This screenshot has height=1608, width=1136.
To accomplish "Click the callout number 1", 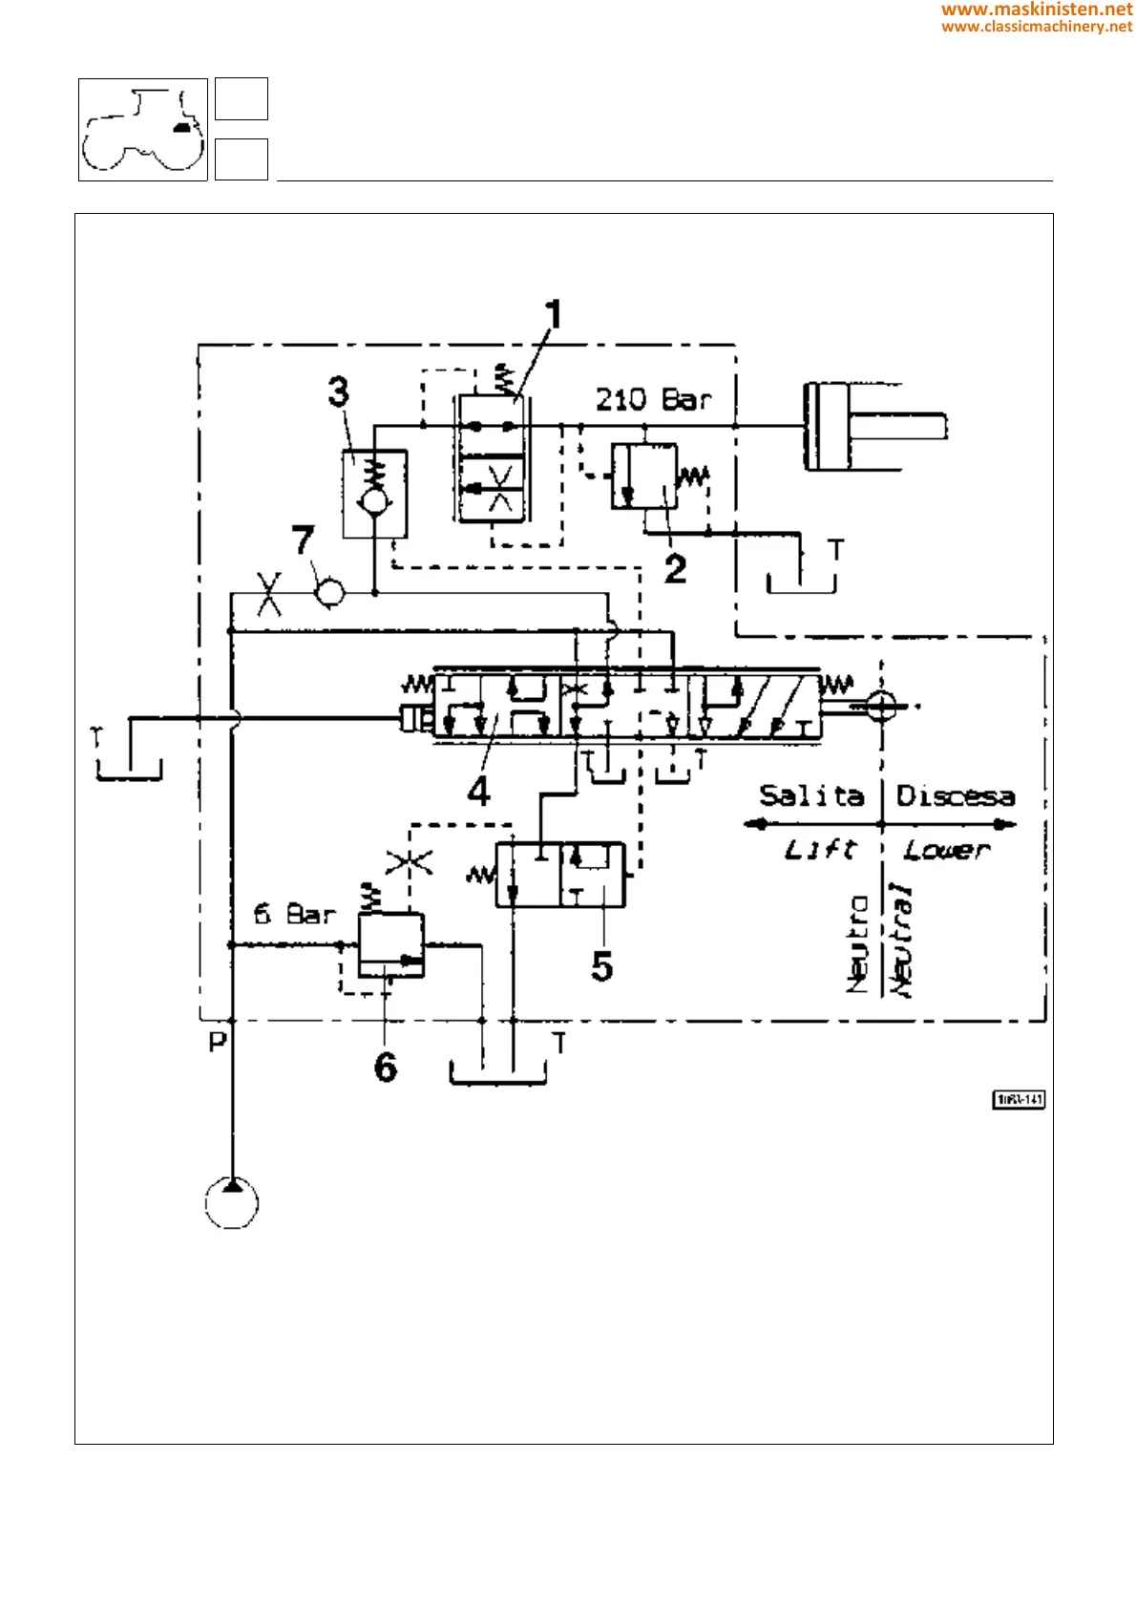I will pos(553,315).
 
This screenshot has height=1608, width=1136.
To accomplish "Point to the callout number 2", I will pos(675,569).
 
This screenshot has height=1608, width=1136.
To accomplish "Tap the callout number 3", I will pos(339,391).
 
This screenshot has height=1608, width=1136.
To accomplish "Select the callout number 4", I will pos(479,791).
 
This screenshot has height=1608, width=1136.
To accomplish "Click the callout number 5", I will pos(601,966).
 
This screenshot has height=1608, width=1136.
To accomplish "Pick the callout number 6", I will pos(385,1067).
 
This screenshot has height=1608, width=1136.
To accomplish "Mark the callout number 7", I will pos(303,540).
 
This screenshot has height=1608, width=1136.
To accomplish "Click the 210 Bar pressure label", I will pos(654,399).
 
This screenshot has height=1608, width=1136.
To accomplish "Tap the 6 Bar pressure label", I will pos(295,914).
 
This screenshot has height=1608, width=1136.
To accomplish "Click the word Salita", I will pos(811,795).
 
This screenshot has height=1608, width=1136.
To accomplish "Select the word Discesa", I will pos(955,795).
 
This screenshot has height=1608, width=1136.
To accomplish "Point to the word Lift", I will pos(820,849).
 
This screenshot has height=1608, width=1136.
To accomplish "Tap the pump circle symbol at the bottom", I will pos(232,1202).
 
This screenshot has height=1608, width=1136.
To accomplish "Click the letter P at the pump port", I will pos(218,1041).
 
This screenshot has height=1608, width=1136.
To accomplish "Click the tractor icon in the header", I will pos(143,130).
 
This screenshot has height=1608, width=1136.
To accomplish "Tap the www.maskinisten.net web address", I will pos(1037,10).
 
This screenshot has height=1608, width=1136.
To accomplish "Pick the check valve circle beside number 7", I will pos(330,593).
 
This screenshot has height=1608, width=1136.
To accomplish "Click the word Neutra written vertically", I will pos(858,943).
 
